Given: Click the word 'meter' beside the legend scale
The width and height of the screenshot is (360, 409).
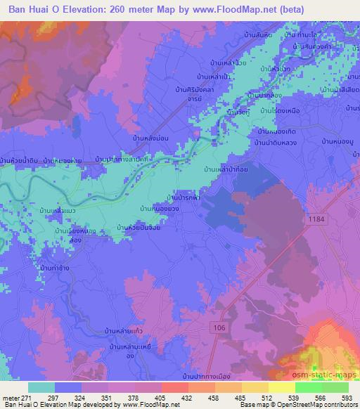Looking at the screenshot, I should click(x=11, y=397).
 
